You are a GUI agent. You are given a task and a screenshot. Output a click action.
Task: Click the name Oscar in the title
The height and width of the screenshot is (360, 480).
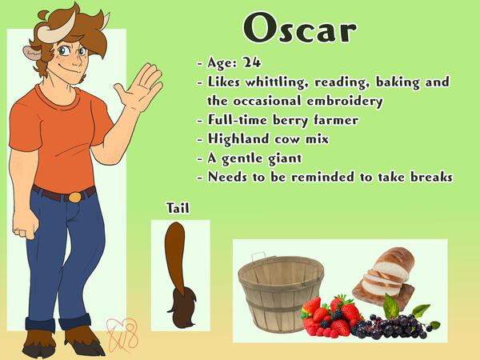[300, 30]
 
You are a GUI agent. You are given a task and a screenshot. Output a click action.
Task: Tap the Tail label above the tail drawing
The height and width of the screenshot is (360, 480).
[178, 208]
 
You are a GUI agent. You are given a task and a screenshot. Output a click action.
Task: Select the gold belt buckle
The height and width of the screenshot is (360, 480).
[74, 197]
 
